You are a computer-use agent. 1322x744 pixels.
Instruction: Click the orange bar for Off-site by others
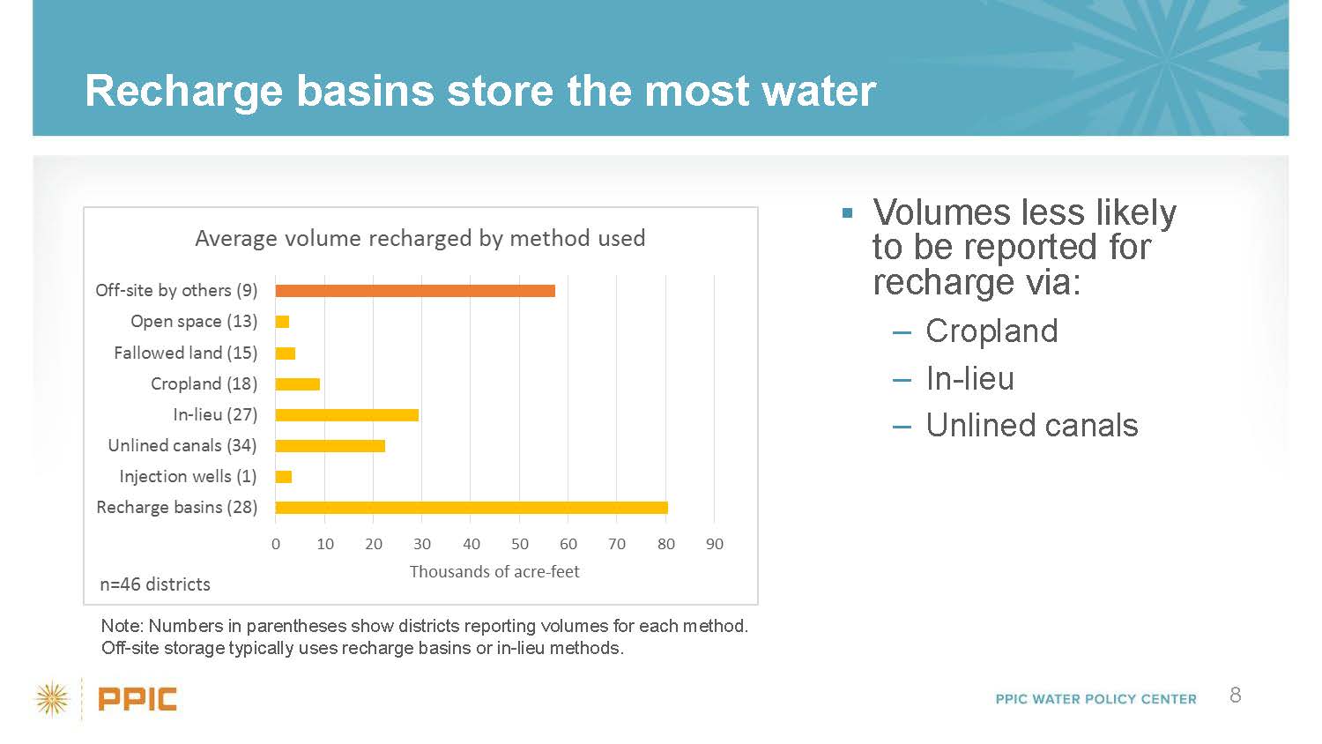pos(415,291)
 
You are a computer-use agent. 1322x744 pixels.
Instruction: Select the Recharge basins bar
pos(472,507)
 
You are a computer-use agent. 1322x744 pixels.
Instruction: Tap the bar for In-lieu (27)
pos(347,414)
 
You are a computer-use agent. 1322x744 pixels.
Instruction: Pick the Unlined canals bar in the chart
pos(330,446)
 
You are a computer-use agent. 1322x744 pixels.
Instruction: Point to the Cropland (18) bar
pos(298,383)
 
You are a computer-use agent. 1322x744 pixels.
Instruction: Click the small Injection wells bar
pos(283,477)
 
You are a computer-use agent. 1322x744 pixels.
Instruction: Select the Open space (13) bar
pos(282,322)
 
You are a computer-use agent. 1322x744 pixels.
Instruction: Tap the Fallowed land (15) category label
pos(185,353)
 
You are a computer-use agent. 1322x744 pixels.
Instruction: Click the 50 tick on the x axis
pos(519,544)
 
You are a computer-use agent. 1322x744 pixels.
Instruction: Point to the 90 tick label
pos(714,544)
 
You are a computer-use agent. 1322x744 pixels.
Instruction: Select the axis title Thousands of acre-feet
pos(494,571)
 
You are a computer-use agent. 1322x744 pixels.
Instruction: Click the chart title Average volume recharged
pos(420,238)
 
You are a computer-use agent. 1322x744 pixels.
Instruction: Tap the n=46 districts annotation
pos(155,584)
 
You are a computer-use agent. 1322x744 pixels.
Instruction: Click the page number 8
pos(1236,695)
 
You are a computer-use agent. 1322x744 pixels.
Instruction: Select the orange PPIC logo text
pos(137,699)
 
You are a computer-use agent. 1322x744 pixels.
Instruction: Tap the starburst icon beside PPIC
pos(52,699)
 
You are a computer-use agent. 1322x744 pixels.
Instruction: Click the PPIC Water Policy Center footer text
pos(1096,699)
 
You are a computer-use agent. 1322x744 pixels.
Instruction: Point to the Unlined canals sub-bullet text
pos(1032,425)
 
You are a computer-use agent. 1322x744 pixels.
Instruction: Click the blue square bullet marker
pos(848,212)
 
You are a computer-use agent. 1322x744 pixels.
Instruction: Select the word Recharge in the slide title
pos(183,92)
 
